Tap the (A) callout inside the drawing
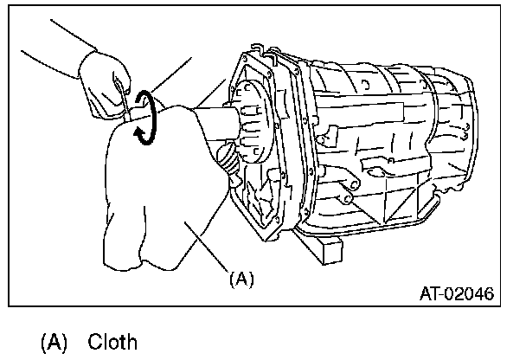(x=241, y=279)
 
